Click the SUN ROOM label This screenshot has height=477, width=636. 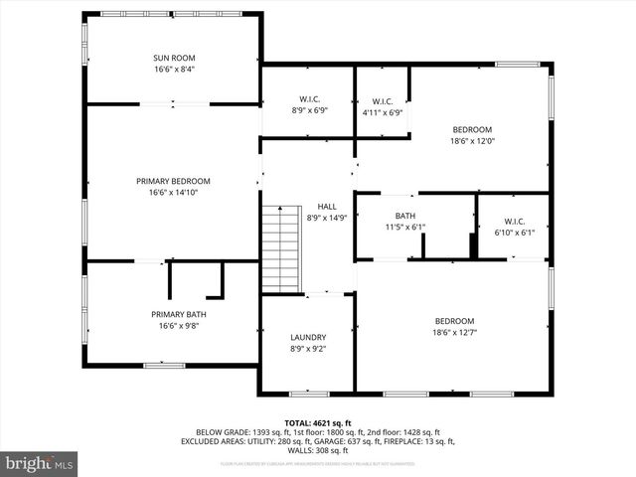pyautogui.click(x=174, y=59)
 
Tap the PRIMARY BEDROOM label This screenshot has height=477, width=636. pyautogui.click(x=174, y=181)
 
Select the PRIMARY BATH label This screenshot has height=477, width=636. pyautogui.click(x=180, y=314)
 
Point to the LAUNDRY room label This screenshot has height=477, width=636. pyautogui.click(x=308, y=337)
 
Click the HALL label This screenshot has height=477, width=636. pyautogui.click(x=327, y=206)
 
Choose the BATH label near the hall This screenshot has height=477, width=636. pyautogui.click(x=404, y=216)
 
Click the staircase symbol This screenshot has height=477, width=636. pyautogui.click(x=281, y=247)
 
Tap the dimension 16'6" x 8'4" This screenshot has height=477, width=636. pyautogui.click(x=174, y=71)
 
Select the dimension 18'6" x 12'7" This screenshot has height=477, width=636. pyautogui.click(x=454, y=333)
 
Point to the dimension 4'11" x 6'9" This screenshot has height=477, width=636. pyautogui.click(x=383, y=112)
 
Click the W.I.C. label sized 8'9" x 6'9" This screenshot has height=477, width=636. pyautogui.click(x=309, y=99)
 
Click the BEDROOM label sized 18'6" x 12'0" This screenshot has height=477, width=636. pyautogui.click(x=472, y=129)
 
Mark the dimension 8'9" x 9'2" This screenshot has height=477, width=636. pyautogui.click(x=308, y=349)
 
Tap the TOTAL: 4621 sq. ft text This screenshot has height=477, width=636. pyautogui.click(x=318, y=423)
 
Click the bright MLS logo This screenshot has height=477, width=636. pyautogui.click(x=40, y=463)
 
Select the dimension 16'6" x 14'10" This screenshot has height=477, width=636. pyautogui.click(x=174, y=193)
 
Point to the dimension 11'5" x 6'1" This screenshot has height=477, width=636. pyautogui.click(x=404, y=228)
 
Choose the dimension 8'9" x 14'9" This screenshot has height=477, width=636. pyautogui.click(x=327, y=218)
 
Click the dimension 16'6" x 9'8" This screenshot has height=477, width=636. pyautogui.click(x=180, y=326)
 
